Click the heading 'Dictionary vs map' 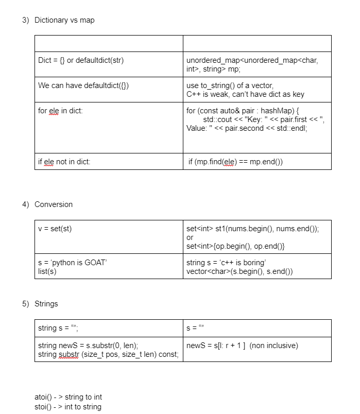coord(64,20)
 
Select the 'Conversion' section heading coord(54,204)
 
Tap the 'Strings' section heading coord(46,304)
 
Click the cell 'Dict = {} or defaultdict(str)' coord(81,60)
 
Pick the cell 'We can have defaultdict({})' coord(83,85)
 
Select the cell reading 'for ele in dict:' coord(60,111)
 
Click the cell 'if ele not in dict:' coord(64,161)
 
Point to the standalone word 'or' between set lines coord(190,237)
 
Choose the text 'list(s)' coord(48,271)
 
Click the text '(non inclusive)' coord(273,345)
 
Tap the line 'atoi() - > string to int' coord(68,397)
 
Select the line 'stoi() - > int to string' coord(68,407)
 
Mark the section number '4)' coord(26,204)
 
